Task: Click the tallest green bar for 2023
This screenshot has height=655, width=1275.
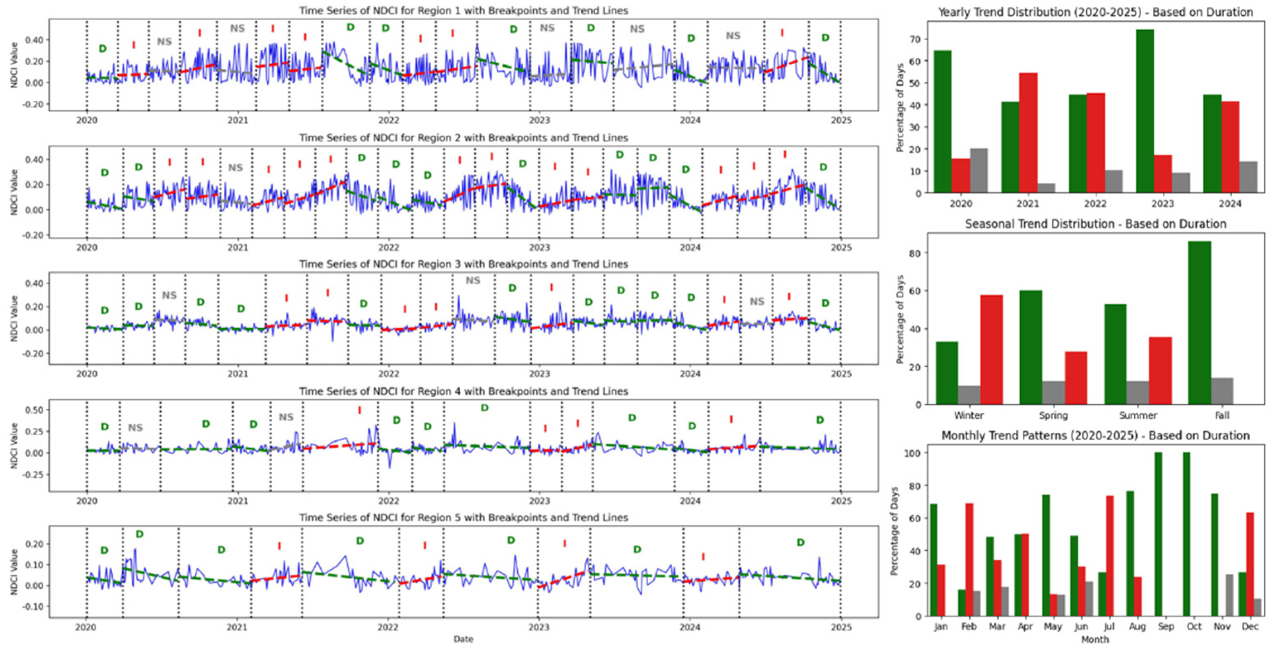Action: coord(1145,112)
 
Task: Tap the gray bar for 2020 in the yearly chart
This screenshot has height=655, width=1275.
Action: coord(978,170)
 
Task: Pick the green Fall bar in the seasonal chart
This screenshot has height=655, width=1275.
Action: coord(1199,323)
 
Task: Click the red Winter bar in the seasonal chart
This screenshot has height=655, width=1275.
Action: coord(991,350)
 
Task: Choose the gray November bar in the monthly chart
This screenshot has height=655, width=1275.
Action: coord(1229,596)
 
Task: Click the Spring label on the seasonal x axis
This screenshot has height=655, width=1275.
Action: coord(1053,416)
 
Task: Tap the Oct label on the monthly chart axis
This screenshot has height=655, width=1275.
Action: coord(1194,627)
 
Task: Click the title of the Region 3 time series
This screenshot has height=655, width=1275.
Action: coord(463,264)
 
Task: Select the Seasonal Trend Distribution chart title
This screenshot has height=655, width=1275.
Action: coord(1095,224)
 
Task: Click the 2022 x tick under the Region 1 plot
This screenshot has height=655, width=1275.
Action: coord(389,120)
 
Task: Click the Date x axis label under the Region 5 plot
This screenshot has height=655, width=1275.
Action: coord(463,639)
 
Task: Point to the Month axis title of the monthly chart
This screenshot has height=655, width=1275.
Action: coord(1095,640)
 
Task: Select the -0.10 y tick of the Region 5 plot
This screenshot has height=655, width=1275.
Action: coord(34,606)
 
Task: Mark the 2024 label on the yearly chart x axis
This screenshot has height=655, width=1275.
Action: coord(1229,204)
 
